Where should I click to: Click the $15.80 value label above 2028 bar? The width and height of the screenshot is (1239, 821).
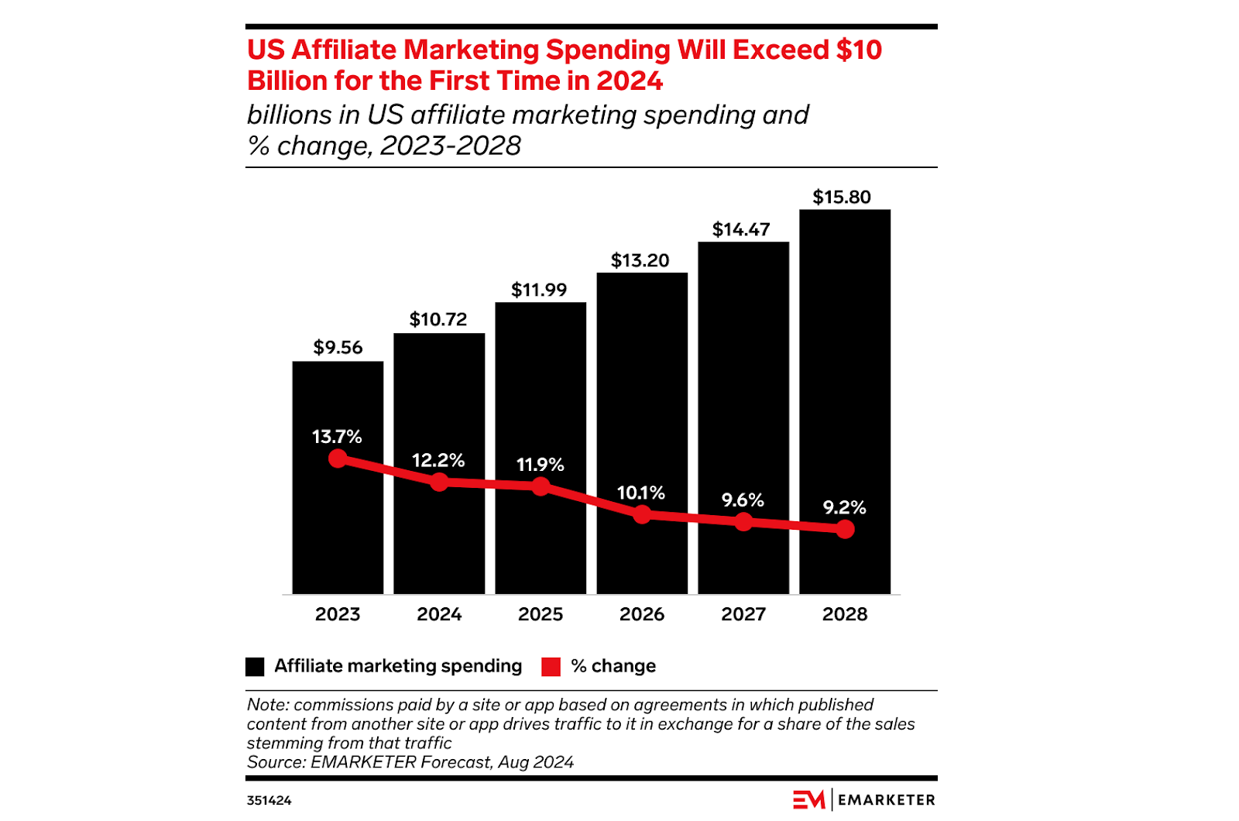pos(842,198)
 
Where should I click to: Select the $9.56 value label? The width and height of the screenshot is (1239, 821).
pos(338,348)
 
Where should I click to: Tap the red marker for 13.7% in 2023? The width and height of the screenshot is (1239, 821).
pos(338,459)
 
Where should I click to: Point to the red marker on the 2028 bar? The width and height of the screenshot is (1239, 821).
pos(845,529)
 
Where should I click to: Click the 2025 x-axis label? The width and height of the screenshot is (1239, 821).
pos(541,614)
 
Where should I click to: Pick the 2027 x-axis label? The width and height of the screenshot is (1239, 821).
pos(743,614)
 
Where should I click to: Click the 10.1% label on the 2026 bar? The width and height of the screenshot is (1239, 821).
pos(640,493)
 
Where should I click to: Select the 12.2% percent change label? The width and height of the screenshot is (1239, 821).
pos(438,461)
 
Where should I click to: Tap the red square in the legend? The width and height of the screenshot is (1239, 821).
pos(551,667)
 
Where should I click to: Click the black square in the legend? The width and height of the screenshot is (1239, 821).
pos(255,667)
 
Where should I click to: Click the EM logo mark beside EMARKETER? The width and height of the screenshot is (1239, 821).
pos(808,800)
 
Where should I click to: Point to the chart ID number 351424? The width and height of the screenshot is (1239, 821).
pos(269,801)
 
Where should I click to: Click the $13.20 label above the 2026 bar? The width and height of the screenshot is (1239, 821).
pos(640,261)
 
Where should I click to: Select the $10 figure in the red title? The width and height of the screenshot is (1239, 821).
pos(859,50)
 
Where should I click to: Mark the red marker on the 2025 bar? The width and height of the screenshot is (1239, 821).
pos(541,486)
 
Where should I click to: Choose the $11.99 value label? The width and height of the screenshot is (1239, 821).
pos(539,290)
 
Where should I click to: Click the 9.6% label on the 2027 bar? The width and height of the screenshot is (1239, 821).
pos(743,500)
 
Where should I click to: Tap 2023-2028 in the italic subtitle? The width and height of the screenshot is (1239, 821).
pos(451,146)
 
